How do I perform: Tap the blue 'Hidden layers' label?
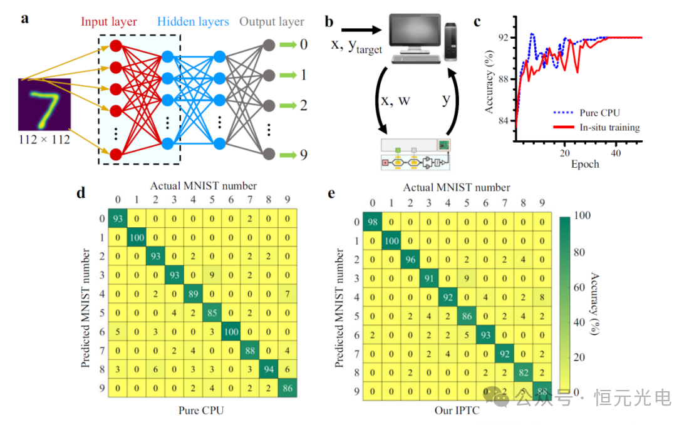pos(193,22)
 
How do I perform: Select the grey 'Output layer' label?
pos(272,22)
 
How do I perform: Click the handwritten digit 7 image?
pos(44,104)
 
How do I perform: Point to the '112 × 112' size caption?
pos(44,140)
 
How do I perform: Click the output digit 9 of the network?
pos(303,154)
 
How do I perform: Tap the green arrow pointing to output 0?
pos(287,45)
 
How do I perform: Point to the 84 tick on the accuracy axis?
pos(503,121)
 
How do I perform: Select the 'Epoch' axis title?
pos(584,165)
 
